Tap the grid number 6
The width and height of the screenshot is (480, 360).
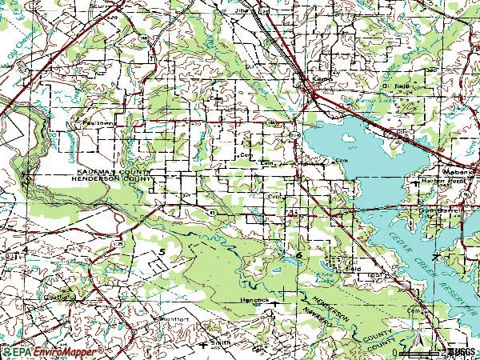click(x=299, y=254)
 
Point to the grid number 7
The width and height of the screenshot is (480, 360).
click(x=434, y=258)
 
